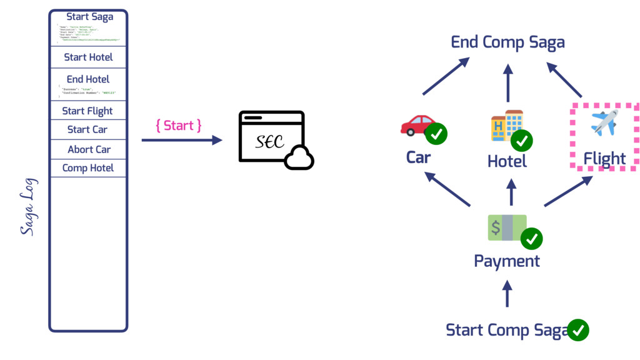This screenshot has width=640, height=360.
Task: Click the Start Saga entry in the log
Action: pos(89,17)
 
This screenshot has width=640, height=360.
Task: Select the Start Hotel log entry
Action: pos(88,57)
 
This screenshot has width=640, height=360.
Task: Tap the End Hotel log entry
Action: pos(88,79)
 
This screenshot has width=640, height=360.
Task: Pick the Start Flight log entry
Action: pos(87,111)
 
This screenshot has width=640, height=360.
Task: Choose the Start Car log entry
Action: pos(87,129)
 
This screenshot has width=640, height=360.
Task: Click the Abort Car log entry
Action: pos(89,149)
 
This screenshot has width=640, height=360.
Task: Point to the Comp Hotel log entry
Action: pos(88,167)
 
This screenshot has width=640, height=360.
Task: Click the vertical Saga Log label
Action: pos(27,206)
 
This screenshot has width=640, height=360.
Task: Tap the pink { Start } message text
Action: pos(178,126)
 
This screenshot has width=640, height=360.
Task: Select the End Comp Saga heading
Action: pos(507,42)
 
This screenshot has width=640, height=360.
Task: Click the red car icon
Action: pos(417,124)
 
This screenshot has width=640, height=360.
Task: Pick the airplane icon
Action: pos(604,122)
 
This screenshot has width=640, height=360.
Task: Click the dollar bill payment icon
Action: pos(507,227)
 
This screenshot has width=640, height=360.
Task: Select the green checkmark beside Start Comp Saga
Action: pos(577,329)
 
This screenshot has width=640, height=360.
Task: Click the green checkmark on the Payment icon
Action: pos(532,238)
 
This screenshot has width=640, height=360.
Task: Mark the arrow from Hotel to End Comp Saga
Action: pos(507,82)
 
